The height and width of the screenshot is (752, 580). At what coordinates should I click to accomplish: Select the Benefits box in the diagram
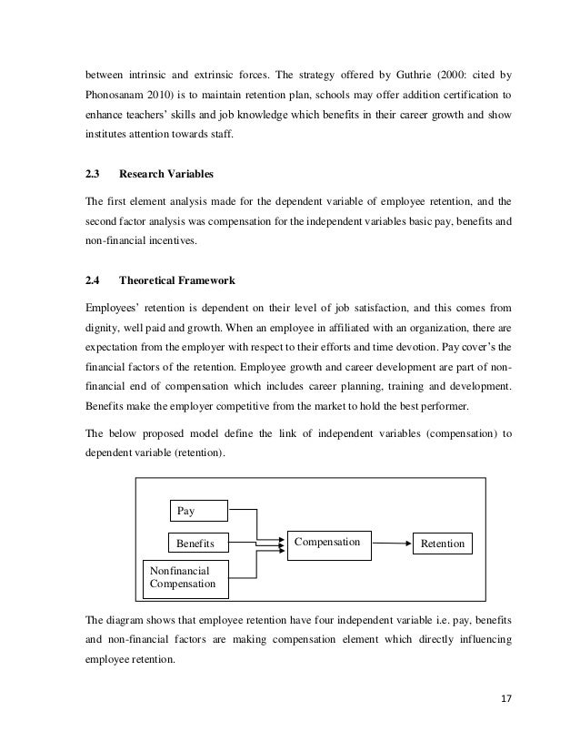pyautogui.click(x=199, y=544)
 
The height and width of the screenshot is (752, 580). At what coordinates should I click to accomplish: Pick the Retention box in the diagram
pyautogui.click(x=442, y=544)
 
